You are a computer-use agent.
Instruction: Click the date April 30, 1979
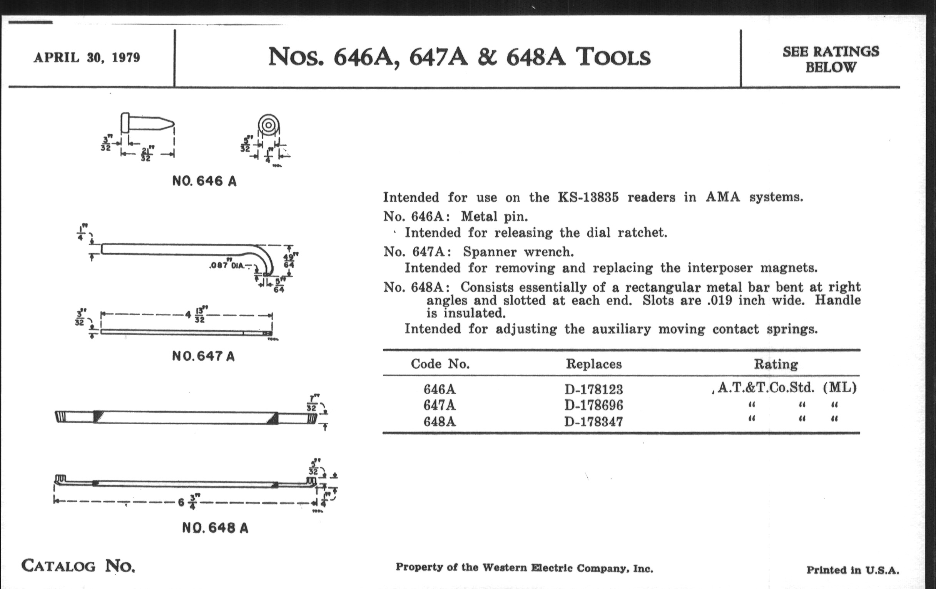tap(87, 57)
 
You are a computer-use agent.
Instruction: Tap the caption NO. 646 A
tap(204, 181)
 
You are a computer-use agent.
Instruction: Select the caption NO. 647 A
tap(203, 356)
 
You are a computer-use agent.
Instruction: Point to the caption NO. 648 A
tap(215, 528)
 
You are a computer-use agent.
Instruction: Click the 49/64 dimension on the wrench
tap(289, 261)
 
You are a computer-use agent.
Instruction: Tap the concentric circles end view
tap(268, 125)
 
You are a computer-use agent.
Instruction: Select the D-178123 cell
tap(593, 389)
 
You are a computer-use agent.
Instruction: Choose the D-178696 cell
tap(593, 405)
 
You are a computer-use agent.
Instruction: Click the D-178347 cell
tap(593, 422)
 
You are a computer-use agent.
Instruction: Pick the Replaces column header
tap(593, 364)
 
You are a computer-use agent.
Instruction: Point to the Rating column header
tap(776, 364)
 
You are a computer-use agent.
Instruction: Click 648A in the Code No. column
tap(440, 422)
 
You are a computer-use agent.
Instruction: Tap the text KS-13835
tap(588, 197)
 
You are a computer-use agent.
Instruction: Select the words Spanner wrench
tap(518, 252)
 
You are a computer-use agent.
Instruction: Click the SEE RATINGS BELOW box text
tap(830, 60)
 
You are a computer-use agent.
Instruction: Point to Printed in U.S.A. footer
tap(852, 571)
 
